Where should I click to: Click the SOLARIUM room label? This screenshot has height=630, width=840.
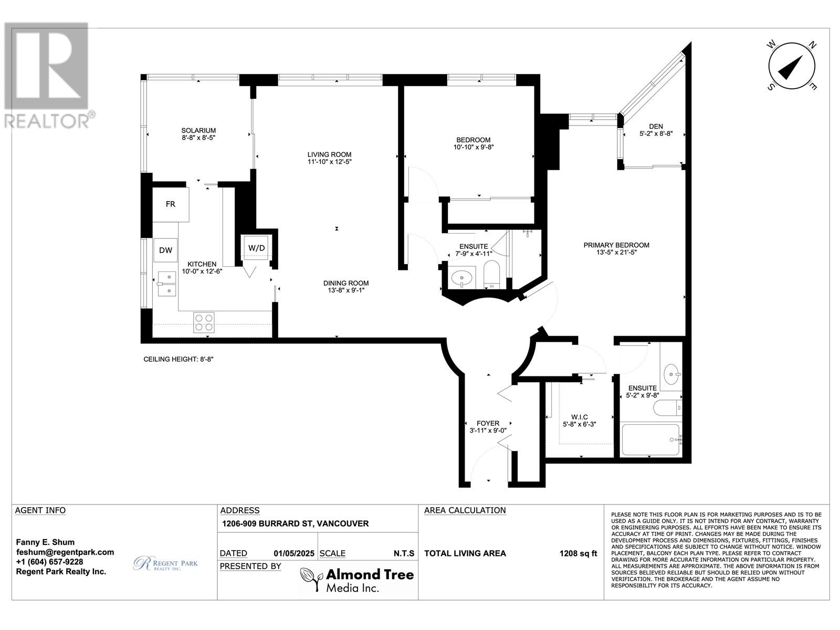click(198, 130)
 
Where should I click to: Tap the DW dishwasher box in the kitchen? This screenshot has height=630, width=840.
click(166, 250)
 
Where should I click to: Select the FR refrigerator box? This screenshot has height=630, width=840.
click(171, 204)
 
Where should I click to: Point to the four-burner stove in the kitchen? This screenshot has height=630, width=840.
click(204, 322)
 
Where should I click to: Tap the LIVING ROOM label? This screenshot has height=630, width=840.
click(329, 154)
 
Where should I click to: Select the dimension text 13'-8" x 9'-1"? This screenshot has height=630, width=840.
click(344, 290)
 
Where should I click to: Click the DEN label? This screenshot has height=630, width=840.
click(656, 126)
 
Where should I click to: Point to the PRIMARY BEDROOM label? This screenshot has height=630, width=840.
click(616, 245)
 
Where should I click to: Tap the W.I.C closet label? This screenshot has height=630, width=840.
click(575, 417)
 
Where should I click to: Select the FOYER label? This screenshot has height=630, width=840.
click(488, 423)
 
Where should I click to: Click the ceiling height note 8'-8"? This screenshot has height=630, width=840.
click(178, 360)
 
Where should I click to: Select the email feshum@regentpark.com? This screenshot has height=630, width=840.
click(65, 552)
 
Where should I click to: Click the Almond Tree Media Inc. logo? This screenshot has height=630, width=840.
click(357, 580)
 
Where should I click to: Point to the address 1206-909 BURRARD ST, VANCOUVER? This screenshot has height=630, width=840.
click(295, 523)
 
